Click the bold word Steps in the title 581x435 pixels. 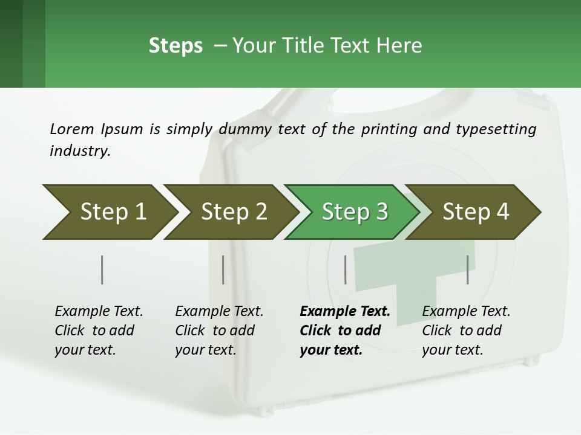point(176,46)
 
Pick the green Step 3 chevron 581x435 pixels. point(354,211)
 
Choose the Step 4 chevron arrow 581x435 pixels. point(476,211)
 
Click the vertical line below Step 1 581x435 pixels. point(102,269)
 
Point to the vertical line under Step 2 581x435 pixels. point(223,269)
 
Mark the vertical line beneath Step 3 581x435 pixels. point(346,269)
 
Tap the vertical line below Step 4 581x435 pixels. point(468,269)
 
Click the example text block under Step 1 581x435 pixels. point(99,330)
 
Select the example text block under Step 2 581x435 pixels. point(219,330)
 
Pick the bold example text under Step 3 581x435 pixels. point(344,330)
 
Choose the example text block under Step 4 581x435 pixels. point(466,330)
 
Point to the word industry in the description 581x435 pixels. point(80,150)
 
